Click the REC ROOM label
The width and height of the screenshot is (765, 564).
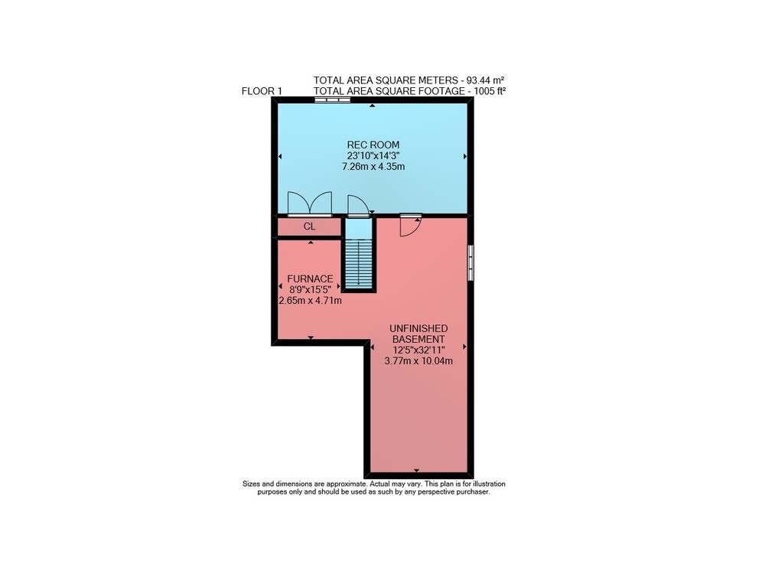pos(373,145)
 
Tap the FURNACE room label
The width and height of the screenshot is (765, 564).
pos(310,279)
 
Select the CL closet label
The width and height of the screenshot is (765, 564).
pos(309,227)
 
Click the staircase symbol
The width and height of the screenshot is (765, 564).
pos(359,263)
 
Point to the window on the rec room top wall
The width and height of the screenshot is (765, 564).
pos(332,99)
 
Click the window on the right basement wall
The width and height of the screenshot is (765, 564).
pos(470,262)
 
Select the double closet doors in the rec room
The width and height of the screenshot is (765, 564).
pos(310,204)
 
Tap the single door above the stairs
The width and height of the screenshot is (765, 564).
pos(358,205)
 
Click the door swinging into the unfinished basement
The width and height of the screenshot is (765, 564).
pos(410,225)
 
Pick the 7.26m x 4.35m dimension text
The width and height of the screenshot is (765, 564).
pos(373,166)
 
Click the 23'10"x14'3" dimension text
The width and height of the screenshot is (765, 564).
pos(373,155)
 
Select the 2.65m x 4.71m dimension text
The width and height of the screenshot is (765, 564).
pos(310,301)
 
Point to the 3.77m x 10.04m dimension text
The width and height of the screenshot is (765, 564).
pos(418,361)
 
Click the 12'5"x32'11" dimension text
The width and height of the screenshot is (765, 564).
pos(418,350)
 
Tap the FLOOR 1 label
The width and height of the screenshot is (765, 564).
pos(262,91)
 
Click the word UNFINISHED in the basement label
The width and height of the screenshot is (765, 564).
pos(418,328)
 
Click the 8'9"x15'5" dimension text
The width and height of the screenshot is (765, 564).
pos(310,290)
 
